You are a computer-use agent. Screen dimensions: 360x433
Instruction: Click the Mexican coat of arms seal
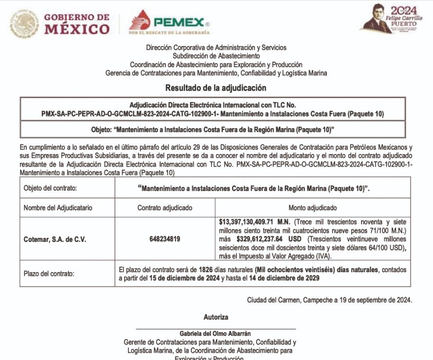coord(24,24)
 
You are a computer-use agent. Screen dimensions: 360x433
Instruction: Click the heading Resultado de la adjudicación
coord(216,88)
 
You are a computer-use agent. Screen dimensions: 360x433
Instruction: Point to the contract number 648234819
coord(164,239)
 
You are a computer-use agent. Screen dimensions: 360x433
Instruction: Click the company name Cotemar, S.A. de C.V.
coord(55,239)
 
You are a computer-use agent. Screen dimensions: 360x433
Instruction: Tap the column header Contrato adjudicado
coord(164,208)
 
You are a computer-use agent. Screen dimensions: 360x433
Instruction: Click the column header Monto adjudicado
coord(312,208)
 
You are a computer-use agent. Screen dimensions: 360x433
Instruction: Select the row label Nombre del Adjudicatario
coord(58,208)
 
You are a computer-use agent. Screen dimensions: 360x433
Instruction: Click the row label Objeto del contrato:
coord(50,188)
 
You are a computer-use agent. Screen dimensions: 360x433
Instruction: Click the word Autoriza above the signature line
coord(216,317)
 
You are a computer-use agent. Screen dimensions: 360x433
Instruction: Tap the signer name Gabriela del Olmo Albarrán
coord(215,333)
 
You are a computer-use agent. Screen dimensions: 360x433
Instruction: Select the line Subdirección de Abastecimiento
coord(216,56)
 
